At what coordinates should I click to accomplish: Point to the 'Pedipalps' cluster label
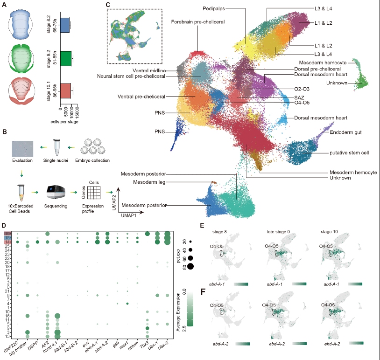tap(215, 8)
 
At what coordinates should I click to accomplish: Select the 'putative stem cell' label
tap(335, 152)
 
